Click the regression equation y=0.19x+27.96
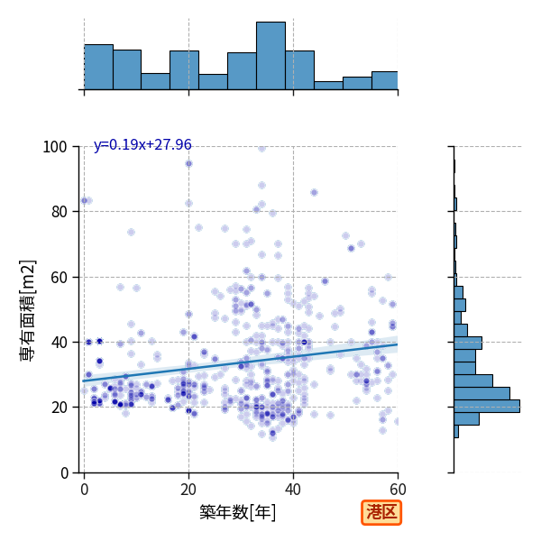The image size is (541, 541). pos(142,144)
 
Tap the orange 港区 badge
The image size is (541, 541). pos(381,512)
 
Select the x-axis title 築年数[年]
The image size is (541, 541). pos(238,512)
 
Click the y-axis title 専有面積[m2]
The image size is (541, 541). pos(28,310)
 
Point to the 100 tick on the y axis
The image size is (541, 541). pos(54,147)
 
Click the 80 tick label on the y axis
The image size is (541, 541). pos(59,212)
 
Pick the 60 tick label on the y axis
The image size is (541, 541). pos(59,278)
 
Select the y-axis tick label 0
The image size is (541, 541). pos(64,473)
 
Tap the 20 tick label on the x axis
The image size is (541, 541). pos(188,490)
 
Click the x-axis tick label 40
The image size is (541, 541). pos(293,490)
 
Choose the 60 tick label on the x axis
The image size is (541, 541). pos(398,490)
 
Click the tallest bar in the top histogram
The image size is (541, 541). pos(270,56)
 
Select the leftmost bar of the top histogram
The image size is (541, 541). pos(98,67)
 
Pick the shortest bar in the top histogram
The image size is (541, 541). pos(328,86)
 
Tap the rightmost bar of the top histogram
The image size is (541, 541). pos(385,81)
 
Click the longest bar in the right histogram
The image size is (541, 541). pos(487,406)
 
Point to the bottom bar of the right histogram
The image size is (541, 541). pos(456,432)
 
